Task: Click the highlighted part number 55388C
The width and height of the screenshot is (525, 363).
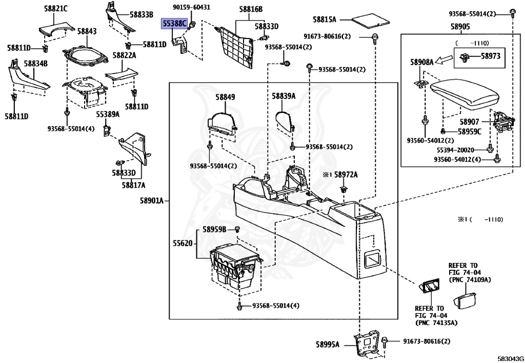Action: [x=174, y=24]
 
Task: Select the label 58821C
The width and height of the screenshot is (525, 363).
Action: [x=55, y=8]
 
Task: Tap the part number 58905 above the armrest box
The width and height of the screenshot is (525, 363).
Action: [x=460, y=27]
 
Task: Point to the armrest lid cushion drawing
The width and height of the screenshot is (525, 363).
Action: [x=465, y=93]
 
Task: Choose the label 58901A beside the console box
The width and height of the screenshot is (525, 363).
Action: [x=152, y=201]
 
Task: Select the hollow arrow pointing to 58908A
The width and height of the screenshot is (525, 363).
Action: [x=443, y=61]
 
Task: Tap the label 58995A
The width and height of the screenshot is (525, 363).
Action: [x=328, y=344]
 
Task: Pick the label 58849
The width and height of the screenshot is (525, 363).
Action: [x=225, y=97]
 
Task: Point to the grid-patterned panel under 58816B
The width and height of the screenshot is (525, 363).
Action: [x=234, y=46]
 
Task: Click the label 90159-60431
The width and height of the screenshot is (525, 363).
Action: [x=192, y=7]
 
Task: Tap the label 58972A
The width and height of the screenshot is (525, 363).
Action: [x=346, y=175]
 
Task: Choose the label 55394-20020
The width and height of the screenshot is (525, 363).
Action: [x=455, y=150]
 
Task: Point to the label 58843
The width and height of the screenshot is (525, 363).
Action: [x=87, y=31]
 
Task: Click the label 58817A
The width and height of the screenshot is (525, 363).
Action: [x=134, y=185]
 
